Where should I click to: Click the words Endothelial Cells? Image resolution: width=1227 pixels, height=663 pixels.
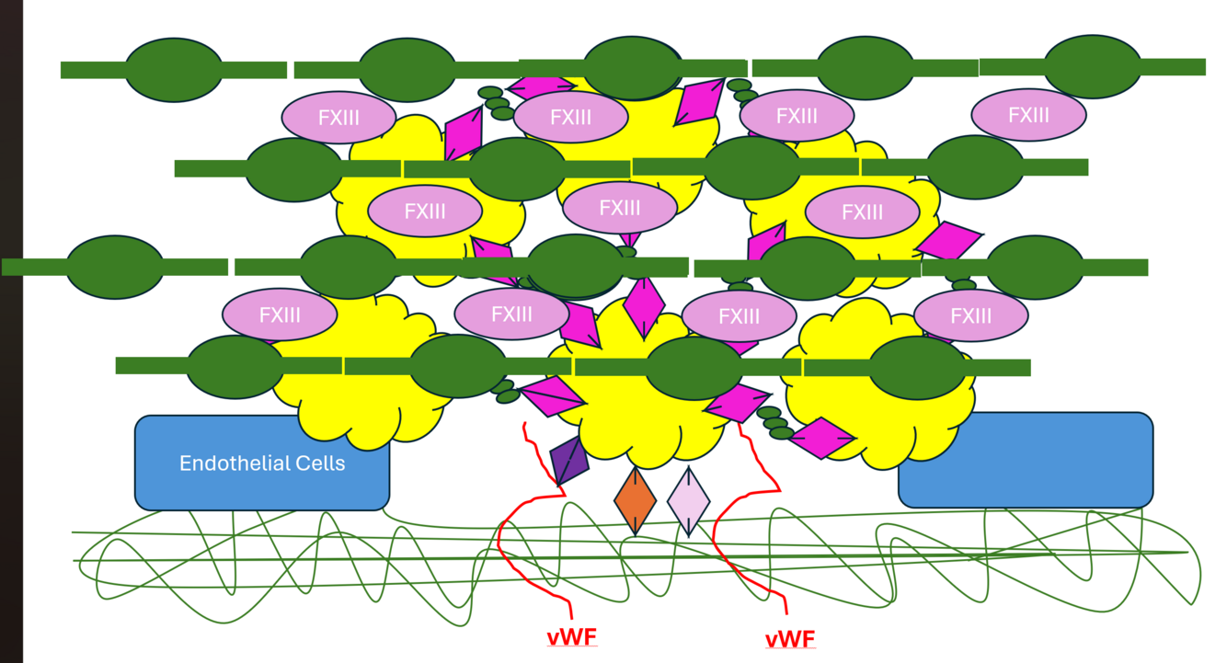click(262, 463)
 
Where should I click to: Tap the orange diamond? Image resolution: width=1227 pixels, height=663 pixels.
click(635, 500)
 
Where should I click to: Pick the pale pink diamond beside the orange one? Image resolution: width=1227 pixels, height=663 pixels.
click(688, 500)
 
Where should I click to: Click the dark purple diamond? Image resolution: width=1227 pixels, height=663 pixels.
click(568, 461)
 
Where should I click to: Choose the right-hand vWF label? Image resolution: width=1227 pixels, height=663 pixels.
click(789, 637)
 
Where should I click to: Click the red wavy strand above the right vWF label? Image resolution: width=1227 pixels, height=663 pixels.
click(750, 533)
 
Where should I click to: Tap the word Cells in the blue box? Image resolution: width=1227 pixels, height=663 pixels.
click(315, 463)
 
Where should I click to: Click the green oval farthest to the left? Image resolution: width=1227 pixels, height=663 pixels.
click(115, 267)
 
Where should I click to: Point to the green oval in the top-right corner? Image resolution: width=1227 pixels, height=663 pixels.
click(1093, 66)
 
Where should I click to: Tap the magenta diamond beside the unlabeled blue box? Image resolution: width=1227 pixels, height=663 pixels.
click(821, 438)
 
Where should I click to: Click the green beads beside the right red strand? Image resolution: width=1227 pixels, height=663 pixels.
click(775, 423)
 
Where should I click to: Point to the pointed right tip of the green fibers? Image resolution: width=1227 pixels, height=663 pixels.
click(1186, 553)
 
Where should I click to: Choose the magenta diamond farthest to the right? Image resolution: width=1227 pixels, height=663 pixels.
click(950, 241)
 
